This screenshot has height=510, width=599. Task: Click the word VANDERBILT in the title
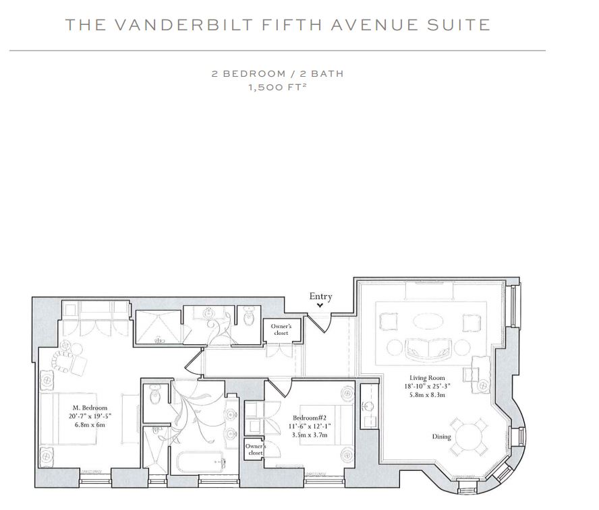point(184,25)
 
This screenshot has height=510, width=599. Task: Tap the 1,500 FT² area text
point(278,87)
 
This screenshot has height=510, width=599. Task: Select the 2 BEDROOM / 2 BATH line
point(278,73)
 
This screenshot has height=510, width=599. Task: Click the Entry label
point(320,296)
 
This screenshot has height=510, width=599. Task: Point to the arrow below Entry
point(320,305)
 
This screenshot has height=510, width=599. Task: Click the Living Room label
point(427,378)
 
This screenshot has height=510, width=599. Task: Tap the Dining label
point(441,437)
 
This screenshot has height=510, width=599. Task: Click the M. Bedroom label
point(90,408)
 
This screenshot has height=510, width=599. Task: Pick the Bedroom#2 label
point(310,418)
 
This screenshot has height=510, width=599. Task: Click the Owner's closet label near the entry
point(281,329)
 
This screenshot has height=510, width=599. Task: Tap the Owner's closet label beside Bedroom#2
point(256,449)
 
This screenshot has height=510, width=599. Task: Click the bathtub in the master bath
point(200,463)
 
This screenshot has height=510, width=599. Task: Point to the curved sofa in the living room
point(428,348)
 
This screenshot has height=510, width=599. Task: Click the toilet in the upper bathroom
point(249,316)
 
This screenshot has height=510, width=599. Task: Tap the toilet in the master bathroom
point(154,394)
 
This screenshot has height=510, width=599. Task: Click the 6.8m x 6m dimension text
point(90,424)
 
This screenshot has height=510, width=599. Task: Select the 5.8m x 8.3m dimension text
point(427,395)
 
